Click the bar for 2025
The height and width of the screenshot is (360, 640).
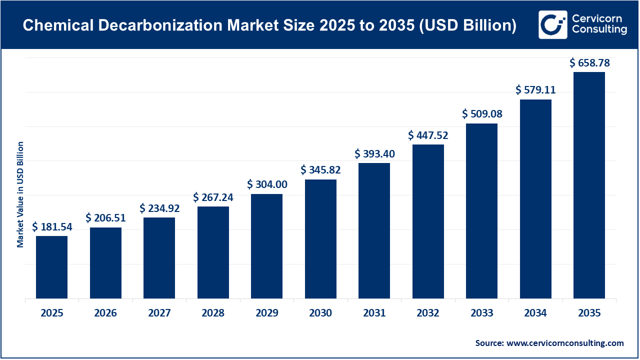(x=52, y=267)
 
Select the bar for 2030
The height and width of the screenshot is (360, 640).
(x=320, y=238)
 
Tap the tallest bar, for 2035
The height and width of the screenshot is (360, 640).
(x=589, y=185)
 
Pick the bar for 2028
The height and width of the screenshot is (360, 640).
(x=213, y=252)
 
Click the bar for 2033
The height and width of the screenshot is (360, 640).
(x=481, y=211)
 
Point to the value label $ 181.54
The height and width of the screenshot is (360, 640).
(x=52, y=227)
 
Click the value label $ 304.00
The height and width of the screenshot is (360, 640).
(x=267, y=184)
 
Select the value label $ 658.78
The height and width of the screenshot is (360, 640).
(x=589, y=63)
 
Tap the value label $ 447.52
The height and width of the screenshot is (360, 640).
(x=428, y=135)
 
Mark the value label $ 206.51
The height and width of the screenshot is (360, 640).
(x=105, y=218)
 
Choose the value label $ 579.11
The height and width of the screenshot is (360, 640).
(x=535, y=90)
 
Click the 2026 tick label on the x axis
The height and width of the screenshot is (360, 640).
(x=105, y=313)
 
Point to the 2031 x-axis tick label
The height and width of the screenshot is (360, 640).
(x=374, y=313)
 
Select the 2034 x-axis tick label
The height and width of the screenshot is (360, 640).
(x=535, y=313)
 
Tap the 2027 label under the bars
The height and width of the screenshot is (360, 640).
(x=159, y=313)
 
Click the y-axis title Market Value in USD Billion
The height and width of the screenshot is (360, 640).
(x=20, y=194)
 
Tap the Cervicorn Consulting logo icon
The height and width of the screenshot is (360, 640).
(x=552, y=24)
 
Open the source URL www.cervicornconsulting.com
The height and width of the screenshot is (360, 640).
(x=565, y=343)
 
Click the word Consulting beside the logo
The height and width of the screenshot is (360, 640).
(x=599, y=30)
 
